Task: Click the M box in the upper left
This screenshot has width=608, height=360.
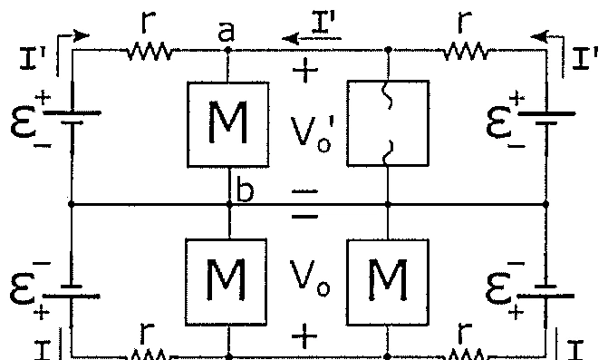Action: tap(228, 124)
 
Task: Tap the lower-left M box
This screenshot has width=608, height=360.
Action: tap(226, 282)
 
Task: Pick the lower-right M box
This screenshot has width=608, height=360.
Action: tap(388, 282)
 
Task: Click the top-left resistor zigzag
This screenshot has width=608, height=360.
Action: tap(150, 51)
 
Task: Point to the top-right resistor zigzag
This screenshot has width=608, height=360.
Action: tap(466, 51)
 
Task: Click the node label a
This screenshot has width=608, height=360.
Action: tap(227, 31)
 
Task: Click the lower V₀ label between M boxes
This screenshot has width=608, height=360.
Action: tap(309, 277)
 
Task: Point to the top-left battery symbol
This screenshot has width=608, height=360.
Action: tap(72, 118)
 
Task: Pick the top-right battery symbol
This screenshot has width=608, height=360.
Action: tap(546, 118)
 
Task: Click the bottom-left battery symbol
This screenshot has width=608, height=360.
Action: tap(72, 291)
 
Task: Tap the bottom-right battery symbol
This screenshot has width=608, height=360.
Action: tap(545, 291)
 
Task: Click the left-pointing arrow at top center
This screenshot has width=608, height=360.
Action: tap(312, 38)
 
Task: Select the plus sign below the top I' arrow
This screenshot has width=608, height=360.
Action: tap(305, 70)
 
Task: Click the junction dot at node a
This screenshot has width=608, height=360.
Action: tap(228, 50)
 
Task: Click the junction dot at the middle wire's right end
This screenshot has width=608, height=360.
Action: tap(546, 204)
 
